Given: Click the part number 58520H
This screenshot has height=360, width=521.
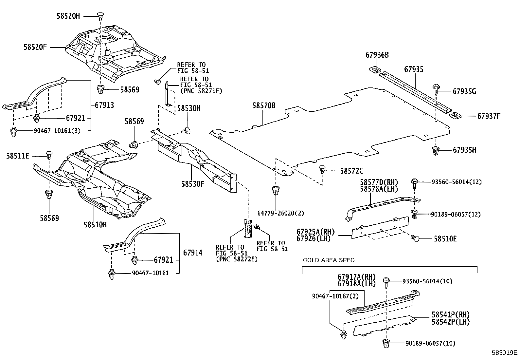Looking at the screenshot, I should pyautogui.click(x=68, y=16).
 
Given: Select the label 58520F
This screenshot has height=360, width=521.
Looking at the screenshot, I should pyautogui.click(x=35, y=47).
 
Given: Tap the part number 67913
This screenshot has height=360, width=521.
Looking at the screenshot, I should pyautogui.click(x=104, y=105).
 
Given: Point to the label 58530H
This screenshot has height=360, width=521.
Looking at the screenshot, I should pyautogui.click(x=189, y=108).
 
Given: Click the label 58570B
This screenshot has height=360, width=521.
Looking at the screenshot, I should pyautogui.click(x=264, y=105).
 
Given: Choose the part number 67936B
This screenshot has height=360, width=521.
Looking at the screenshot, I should pyautogui.click(x=377, y=55).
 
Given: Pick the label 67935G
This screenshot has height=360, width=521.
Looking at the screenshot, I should pyautogui.click(x=464, y=92).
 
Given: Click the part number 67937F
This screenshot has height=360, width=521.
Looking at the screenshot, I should pyautogui.click(x=489, y=116).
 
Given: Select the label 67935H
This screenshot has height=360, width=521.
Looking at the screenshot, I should pyautogui.click(x=464, y=150).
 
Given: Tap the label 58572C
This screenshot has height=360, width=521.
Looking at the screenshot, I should pyautogui.click(x=351, y=171).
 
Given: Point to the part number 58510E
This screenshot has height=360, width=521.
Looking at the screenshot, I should pyautogui.click(x=445, y=239).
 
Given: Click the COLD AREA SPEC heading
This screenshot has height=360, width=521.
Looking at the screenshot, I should pyautogui.click(x=329, y=260).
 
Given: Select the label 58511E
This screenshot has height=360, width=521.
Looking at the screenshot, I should pyautogui.click(x=18, y=156).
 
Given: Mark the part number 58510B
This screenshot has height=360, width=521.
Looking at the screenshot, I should pyautogui.click(x=95, y=225).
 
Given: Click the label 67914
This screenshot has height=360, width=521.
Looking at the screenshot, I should pyautogui.click(x=192, y=253).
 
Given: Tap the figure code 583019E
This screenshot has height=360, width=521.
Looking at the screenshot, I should pyautogui.click(x=504, y=353).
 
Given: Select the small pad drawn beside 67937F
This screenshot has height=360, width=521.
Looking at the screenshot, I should pyautogui.click(x=455, y=115).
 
